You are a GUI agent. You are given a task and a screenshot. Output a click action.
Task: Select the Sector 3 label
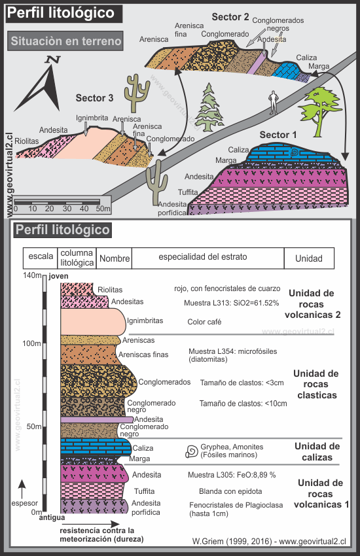94,98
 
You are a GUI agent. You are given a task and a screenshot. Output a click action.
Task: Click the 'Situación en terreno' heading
66,42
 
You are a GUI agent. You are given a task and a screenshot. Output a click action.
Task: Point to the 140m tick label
31,275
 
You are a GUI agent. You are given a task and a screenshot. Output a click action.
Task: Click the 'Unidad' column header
308,259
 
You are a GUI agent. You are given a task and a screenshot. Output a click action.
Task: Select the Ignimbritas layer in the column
92,321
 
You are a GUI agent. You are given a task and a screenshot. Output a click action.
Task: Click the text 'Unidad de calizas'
316,452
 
